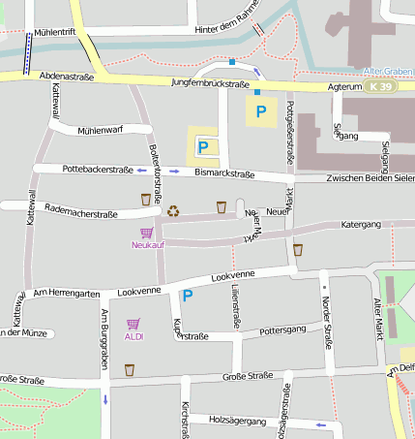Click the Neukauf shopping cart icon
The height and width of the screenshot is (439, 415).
point(146,233)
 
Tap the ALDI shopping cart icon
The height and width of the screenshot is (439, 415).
point(133,324)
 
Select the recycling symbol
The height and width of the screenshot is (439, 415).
point(172,210)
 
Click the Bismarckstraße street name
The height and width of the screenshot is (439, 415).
point(223,174)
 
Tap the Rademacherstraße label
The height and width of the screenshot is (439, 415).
point(80,214)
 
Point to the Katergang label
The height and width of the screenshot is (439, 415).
point(363,224)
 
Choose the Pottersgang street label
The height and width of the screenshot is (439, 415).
point(283,330)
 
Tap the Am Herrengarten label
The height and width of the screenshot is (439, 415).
point(67,294)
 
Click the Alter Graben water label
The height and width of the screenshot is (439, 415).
point(387,72)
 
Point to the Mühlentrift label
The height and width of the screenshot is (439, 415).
point(55,32)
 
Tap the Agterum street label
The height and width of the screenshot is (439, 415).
point(344,86)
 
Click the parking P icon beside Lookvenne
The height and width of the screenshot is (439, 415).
point(188,296)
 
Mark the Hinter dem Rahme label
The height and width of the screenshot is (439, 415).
point(227,30)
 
